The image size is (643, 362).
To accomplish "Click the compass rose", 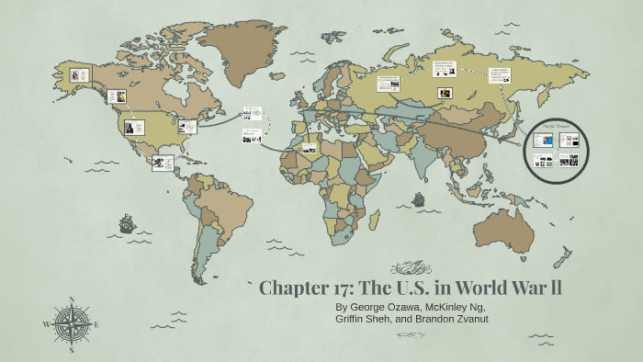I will coord(73,324).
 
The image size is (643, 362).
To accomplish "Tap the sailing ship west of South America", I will coord(126,222).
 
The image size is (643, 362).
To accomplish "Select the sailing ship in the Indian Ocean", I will coord(419,198).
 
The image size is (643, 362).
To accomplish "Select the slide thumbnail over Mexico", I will coord(164,163).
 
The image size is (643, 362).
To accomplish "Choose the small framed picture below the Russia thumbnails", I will coord(445,93).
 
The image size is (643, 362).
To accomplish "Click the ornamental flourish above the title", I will coord(411,268).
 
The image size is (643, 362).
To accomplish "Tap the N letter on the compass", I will coord(73,299).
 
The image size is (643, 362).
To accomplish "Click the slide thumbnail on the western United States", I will coord(134,127).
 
